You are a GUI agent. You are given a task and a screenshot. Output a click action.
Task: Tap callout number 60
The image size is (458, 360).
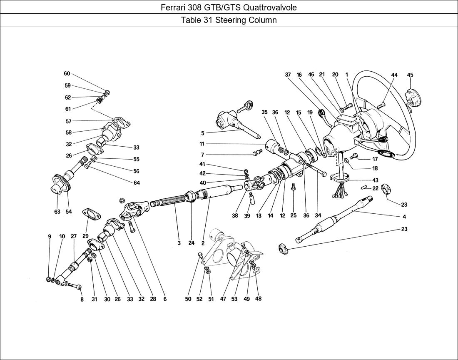coord(67,73)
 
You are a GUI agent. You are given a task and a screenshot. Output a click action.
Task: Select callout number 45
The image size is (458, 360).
coord(410,75)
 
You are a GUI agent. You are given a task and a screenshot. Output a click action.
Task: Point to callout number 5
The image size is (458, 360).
coord(202,133)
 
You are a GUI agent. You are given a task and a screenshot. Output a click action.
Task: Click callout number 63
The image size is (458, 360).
coord(57,211)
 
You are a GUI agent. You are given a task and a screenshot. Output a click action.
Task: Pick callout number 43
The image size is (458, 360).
coord(375,180)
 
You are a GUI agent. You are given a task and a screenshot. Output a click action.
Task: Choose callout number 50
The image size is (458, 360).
coord(188,299)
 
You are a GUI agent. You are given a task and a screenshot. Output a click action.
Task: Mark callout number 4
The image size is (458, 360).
coord(404,217)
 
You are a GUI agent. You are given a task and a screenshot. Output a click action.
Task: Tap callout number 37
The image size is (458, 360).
coord(288,75)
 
